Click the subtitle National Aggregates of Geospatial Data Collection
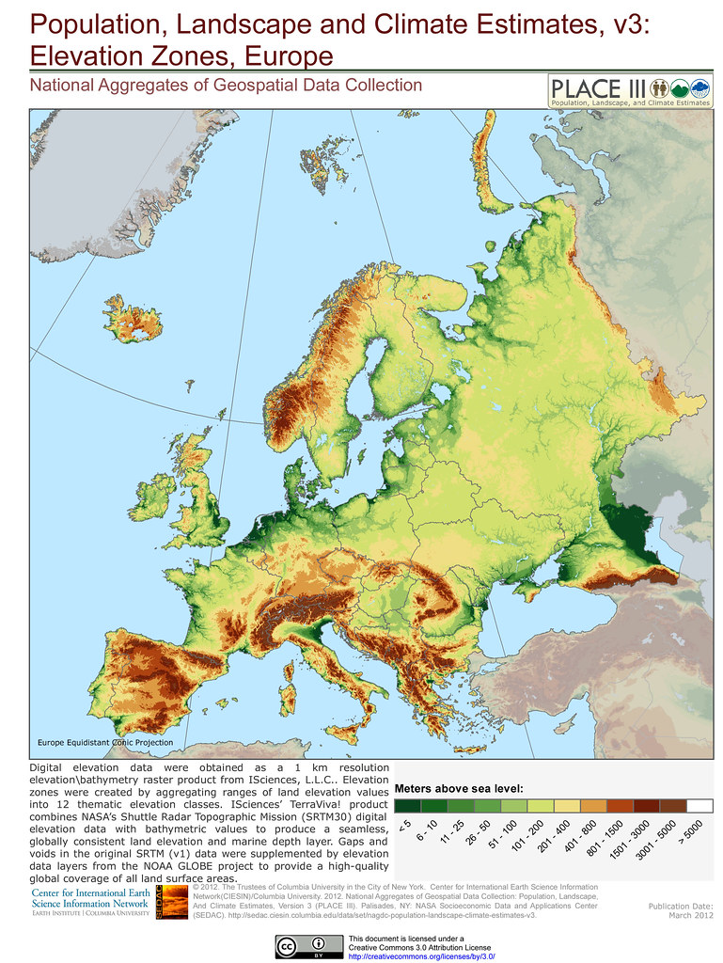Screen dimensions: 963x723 click(226, 86)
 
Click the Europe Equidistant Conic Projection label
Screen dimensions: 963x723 click(104, 743)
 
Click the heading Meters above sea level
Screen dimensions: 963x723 click(459, 788)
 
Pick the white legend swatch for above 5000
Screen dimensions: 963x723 click(699, 806)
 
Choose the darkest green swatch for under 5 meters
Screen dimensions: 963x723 click(407, 806)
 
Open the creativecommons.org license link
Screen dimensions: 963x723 click(421, 955)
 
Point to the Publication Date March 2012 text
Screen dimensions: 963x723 click(681, 911)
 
